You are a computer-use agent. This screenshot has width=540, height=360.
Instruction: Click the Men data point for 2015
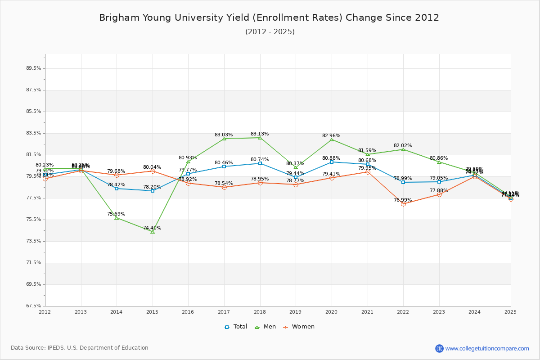[x=153, y=232]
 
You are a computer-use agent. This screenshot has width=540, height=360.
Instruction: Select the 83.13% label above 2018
[x=260, y=134]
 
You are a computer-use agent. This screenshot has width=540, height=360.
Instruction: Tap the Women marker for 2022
[x=403, y=204]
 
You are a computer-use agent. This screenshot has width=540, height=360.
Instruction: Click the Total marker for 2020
[x=332, y=162]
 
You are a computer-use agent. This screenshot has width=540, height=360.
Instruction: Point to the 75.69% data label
[x=116, y=214]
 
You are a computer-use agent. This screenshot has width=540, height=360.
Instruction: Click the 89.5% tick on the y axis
[x=34, y=68]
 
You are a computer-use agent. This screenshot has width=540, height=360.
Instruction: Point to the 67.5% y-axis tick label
[x=34, y=306]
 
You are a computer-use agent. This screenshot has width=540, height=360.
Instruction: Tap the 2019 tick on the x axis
[x=295, y=312]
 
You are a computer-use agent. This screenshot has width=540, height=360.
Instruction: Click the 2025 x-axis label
[x=510, y=312]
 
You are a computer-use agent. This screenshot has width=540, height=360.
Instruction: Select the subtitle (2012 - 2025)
[x=270, y=32]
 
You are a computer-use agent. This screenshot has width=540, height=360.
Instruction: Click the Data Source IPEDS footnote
[x=80, y=348]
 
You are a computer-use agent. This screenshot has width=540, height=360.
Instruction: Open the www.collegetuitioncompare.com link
[x=487, y=348]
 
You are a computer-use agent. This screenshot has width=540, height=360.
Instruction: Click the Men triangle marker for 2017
[x=224, y=139]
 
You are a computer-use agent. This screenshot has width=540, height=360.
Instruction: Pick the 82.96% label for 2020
[x=331, y=136]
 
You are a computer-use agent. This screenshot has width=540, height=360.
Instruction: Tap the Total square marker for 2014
[x=117, y=189]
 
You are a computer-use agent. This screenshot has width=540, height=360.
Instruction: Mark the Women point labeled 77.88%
[x=439, y=194]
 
